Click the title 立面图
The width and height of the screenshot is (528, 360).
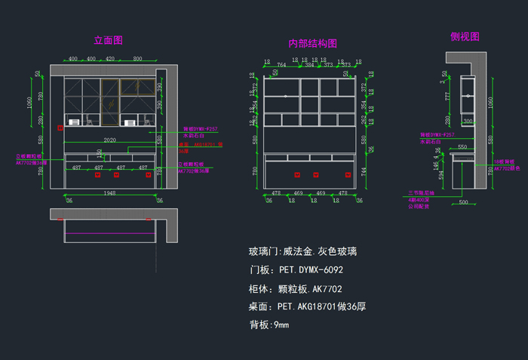(x=108, y=40)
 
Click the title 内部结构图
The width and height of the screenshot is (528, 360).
(x=312, y=44)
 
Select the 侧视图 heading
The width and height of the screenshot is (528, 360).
(x=465, y=36)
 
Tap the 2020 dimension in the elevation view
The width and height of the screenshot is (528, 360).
(x=110, y=140)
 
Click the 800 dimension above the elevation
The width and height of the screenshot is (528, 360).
(x=137, y=58)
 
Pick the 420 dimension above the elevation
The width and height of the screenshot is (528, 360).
(x=110, y=58)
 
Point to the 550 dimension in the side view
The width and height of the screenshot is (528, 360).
(x=462, y=147)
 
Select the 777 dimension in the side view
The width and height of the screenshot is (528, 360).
(x=447, y=97)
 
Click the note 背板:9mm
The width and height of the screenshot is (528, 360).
(x=269, y=325)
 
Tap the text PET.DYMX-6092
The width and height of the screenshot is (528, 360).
(x=310, y=269)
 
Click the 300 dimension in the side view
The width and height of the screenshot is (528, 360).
(x=468, y=121)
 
